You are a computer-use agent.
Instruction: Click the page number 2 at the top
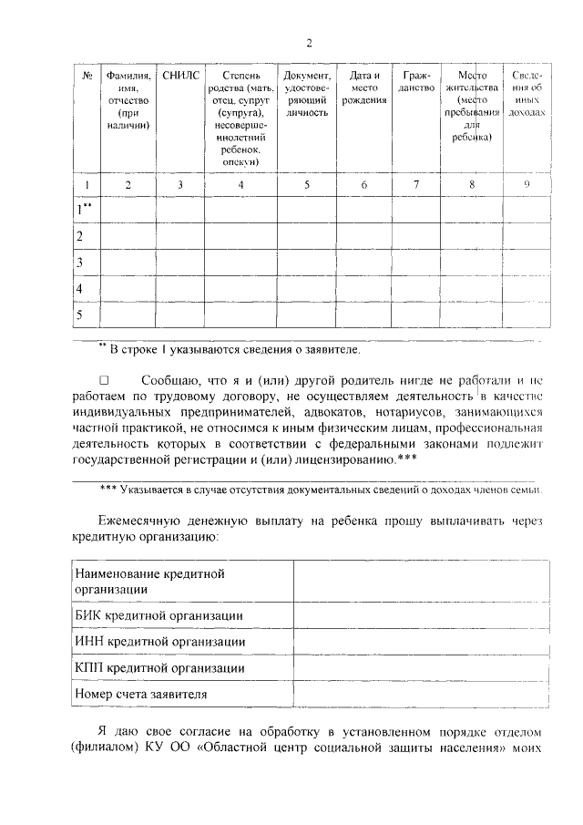click(309, 43)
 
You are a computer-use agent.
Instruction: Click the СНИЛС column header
click(179, 76)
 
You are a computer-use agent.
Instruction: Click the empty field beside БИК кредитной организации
click(421, 615)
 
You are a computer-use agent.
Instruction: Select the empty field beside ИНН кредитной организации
click(421, 642)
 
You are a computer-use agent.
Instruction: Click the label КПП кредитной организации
click(159, 668)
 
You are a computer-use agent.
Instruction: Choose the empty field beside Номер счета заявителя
click(421, 695)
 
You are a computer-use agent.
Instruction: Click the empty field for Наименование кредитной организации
click(421, 581)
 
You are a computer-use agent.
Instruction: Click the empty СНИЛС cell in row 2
click(179, 236)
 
